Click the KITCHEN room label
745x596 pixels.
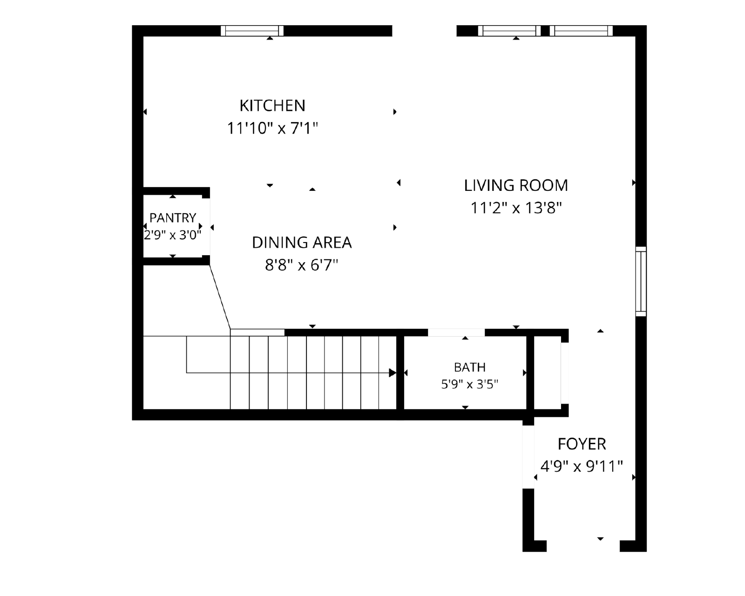272,106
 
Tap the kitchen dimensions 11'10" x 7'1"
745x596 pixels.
272,128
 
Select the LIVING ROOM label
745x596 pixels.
516,186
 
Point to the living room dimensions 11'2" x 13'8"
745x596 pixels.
516,208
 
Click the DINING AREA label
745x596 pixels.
302,243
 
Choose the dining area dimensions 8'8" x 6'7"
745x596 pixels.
302,265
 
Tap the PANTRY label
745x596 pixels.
173,218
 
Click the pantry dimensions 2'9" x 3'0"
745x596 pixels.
173,235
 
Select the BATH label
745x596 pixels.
470,367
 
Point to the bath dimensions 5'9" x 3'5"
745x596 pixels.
470,385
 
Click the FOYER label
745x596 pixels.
582,444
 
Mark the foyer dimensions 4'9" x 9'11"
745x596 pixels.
582,467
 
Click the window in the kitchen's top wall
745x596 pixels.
252,31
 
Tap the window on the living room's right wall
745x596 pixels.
641,281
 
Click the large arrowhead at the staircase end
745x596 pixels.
393,372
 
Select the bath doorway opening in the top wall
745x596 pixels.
456,332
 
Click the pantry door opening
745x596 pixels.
206,227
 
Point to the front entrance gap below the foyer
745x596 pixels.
583,546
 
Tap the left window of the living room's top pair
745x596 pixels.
509,31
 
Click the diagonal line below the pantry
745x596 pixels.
220,297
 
